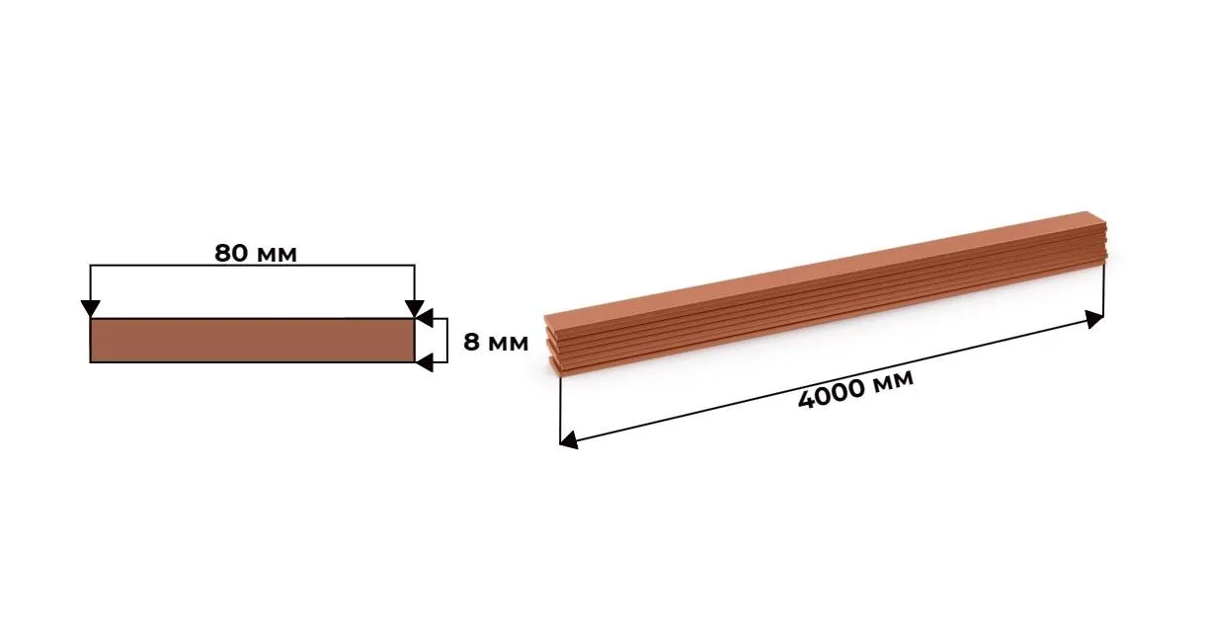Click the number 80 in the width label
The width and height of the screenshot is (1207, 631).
[231, 253]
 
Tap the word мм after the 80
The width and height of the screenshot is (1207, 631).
[277, 255]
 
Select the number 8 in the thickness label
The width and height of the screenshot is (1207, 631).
[471, 343]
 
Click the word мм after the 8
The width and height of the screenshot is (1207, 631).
[508, 344]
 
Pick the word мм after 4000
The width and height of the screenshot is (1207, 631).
[893, 378]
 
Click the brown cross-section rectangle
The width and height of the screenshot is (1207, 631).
[252, 341]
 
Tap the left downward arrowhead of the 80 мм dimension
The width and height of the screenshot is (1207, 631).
[91, 309]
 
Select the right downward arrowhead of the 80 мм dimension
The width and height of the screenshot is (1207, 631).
[415, 309]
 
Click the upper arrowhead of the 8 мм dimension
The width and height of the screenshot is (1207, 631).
[425, 318]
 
